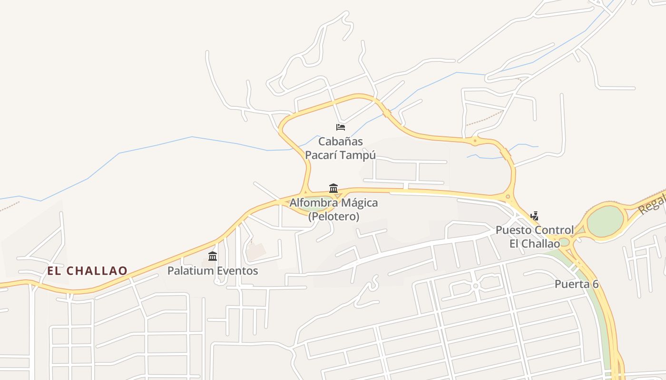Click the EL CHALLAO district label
[x=87, y=271]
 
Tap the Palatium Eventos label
[x=213, y=271]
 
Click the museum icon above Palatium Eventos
[x=213, y=256]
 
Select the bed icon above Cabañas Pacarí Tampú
[x=340, y=127]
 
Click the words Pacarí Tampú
[x=340, y=155]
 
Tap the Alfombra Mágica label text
[x=333, y=203]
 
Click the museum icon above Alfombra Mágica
[x=333, y=188]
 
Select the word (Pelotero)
[x=333, y=217]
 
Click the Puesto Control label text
[x=535, y=230]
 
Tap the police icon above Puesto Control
[x=534, y=216]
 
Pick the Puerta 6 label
[x=576, y=285]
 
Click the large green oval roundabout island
[x=605, y=221]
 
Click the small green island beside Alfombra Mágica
[x=314, y=208]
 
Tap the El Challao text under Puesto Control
[x=535, y=244]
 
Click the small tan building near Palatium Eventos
[x=256, y=251]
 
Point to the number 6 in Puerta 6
[x=595, y=285]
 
